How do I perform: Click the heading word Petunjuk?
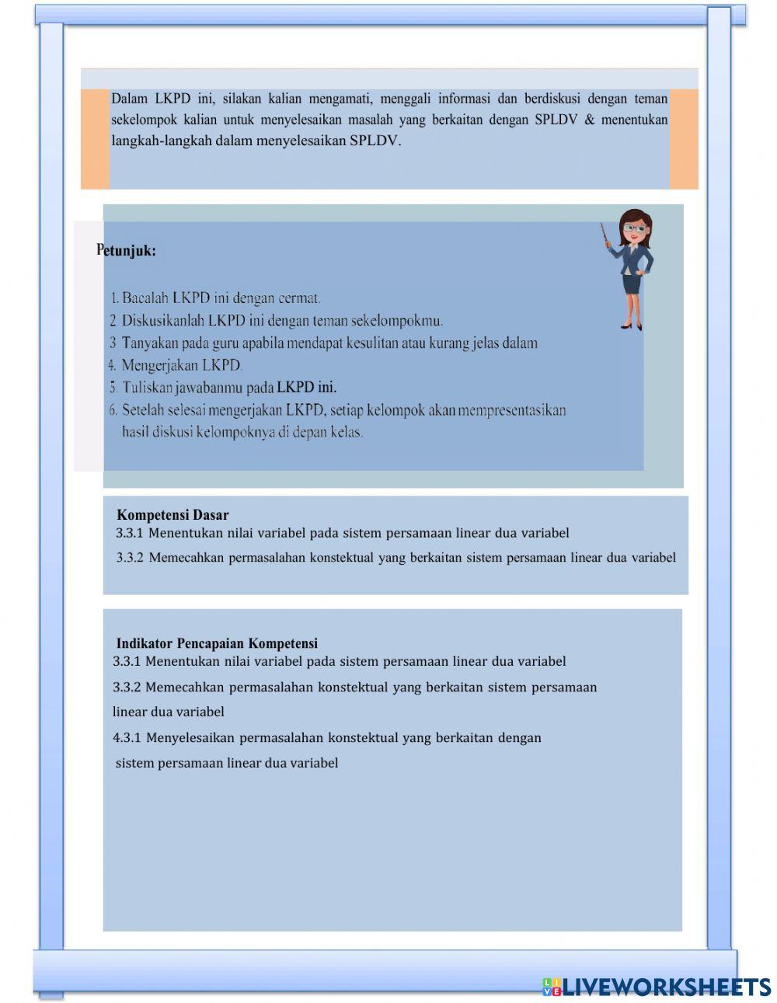click(126, 251)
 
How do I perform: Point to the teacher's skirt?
click(632, 283)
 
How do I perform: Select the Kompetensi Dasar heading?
click(172, 514)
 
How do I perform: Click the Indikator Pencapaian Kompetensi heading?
click(217, 643)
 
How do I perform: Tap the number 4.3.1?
click(127, 737)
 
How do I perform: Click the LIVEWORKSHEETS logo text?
click(666, 987)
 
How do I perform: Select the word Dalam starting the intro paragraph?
click(129, 99)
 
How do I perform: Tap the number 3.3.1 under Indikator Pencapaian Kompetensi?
click(127, 661)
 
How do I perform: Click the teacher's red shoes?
click(630, 326)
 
